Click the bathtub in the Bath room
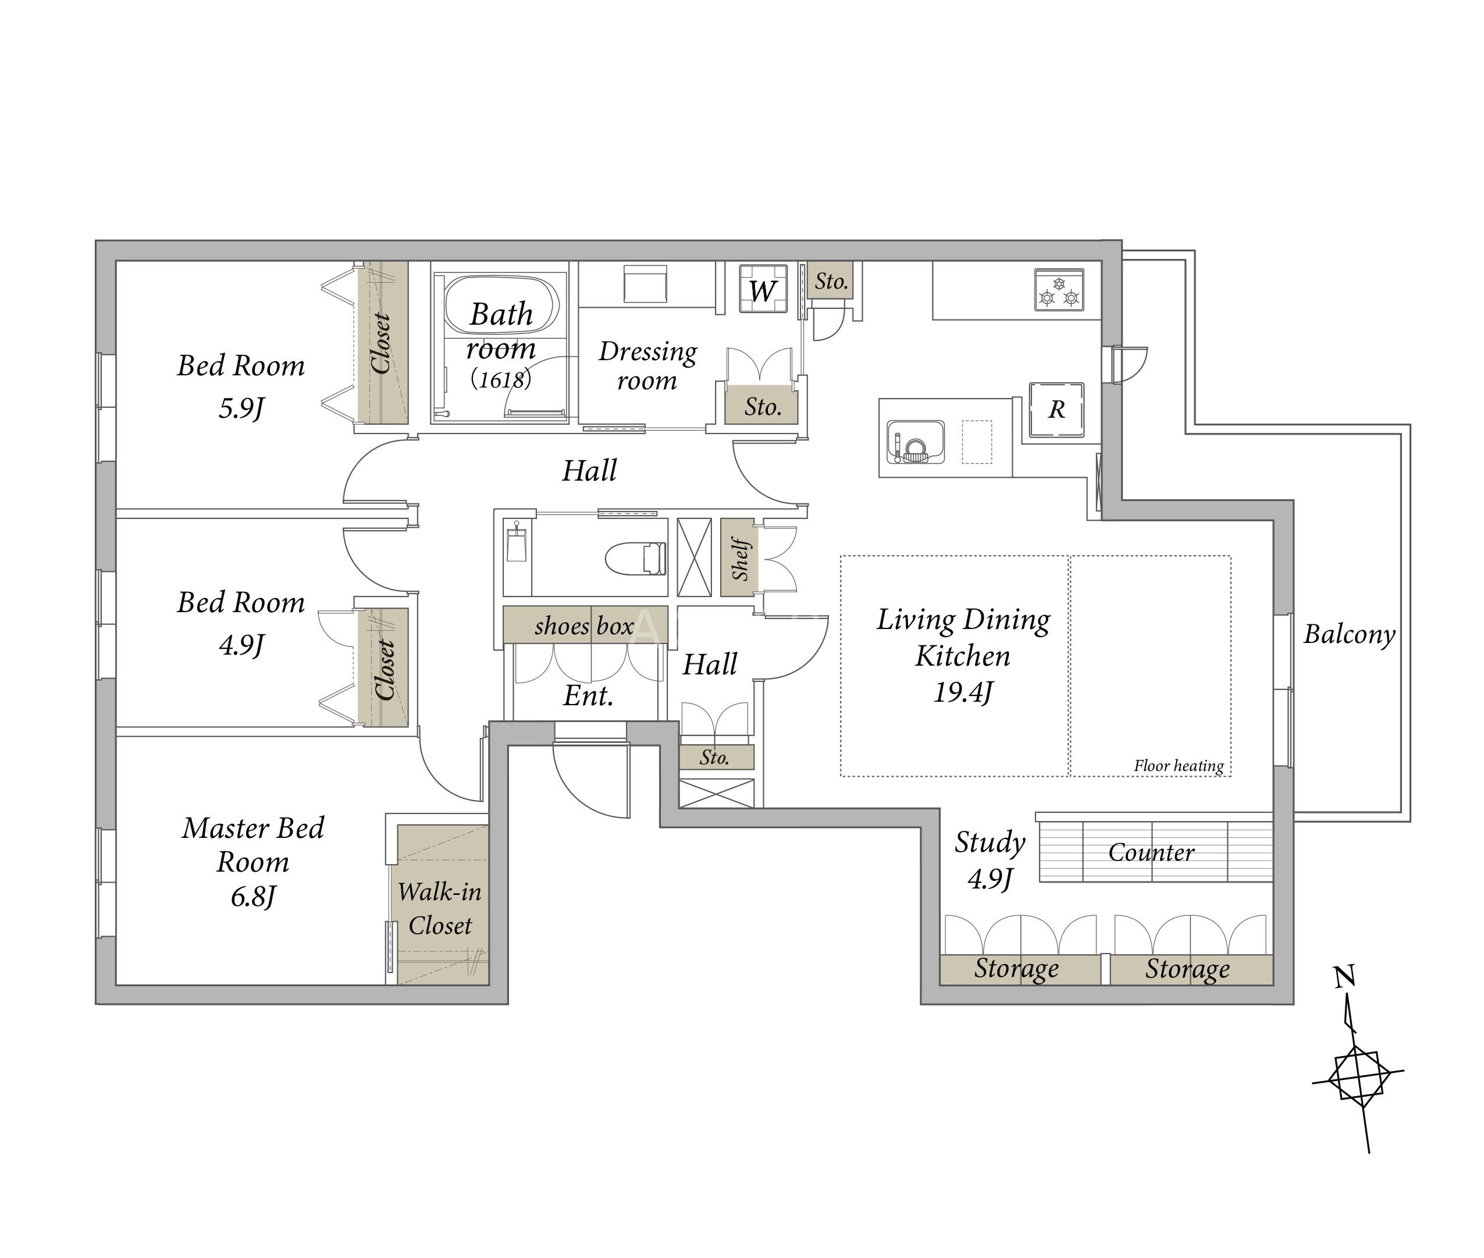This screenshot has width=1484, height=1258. tap(501, 305)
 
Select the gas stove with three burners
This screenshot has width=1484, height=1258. tap(1059, 290)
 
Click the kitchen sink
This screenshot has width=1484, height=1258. tap(916, 442)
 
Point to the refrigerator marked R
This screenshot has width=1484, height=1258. tap(1056, 410)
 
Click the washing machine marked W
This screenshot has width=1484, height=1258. tap(763, 289)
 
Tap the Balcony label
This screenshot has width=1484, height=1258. tap(1349, 634)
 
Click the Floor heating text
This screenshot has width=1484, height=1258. tap(1179, 766)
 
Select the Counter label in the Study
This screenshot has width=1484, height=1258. tap(1151, 852)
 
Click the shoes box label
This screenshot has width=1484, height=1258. tap(584, 626)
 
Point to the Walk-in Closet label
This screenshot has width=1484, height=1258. tap(440, 908)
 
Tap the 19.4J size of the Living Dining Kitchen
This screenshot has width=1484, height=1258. tap(963, 692)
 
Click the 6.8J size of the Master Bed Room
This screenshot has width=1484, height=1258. tap(252, 897)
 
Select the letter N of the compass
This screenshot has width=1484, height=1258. tap(1345, 976)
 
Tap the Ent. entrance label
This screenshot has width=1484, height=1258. tap(588, 695)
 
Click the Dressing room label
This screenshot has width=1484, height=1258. tap(647, 365)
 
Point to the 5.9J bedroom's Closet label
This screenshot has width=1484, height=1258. tap(382, 343)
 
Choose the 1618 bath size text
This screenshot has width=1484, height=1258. tap(501, 379)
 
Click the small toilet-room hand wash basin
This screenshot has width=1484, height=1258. tap(517, 546)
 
